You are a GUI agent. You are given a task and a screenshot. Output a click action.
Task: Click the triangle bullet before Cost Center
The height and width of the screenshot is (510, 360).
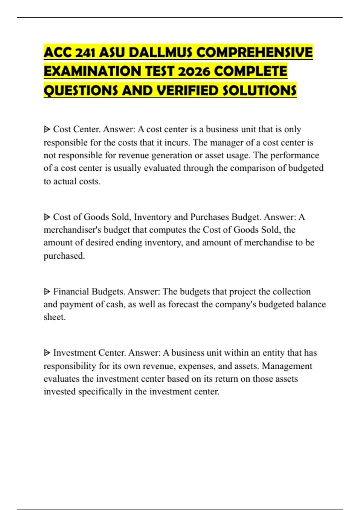(x=47, y=129)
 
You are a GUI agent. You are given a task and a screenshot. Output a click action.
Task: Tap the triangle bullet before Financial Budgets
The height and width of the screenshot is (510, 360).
(x=47, y=291)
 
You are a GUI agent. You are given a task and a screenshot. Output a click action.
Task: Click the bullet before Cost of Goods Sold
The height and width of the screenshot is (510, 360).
(x=47, y=217)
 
